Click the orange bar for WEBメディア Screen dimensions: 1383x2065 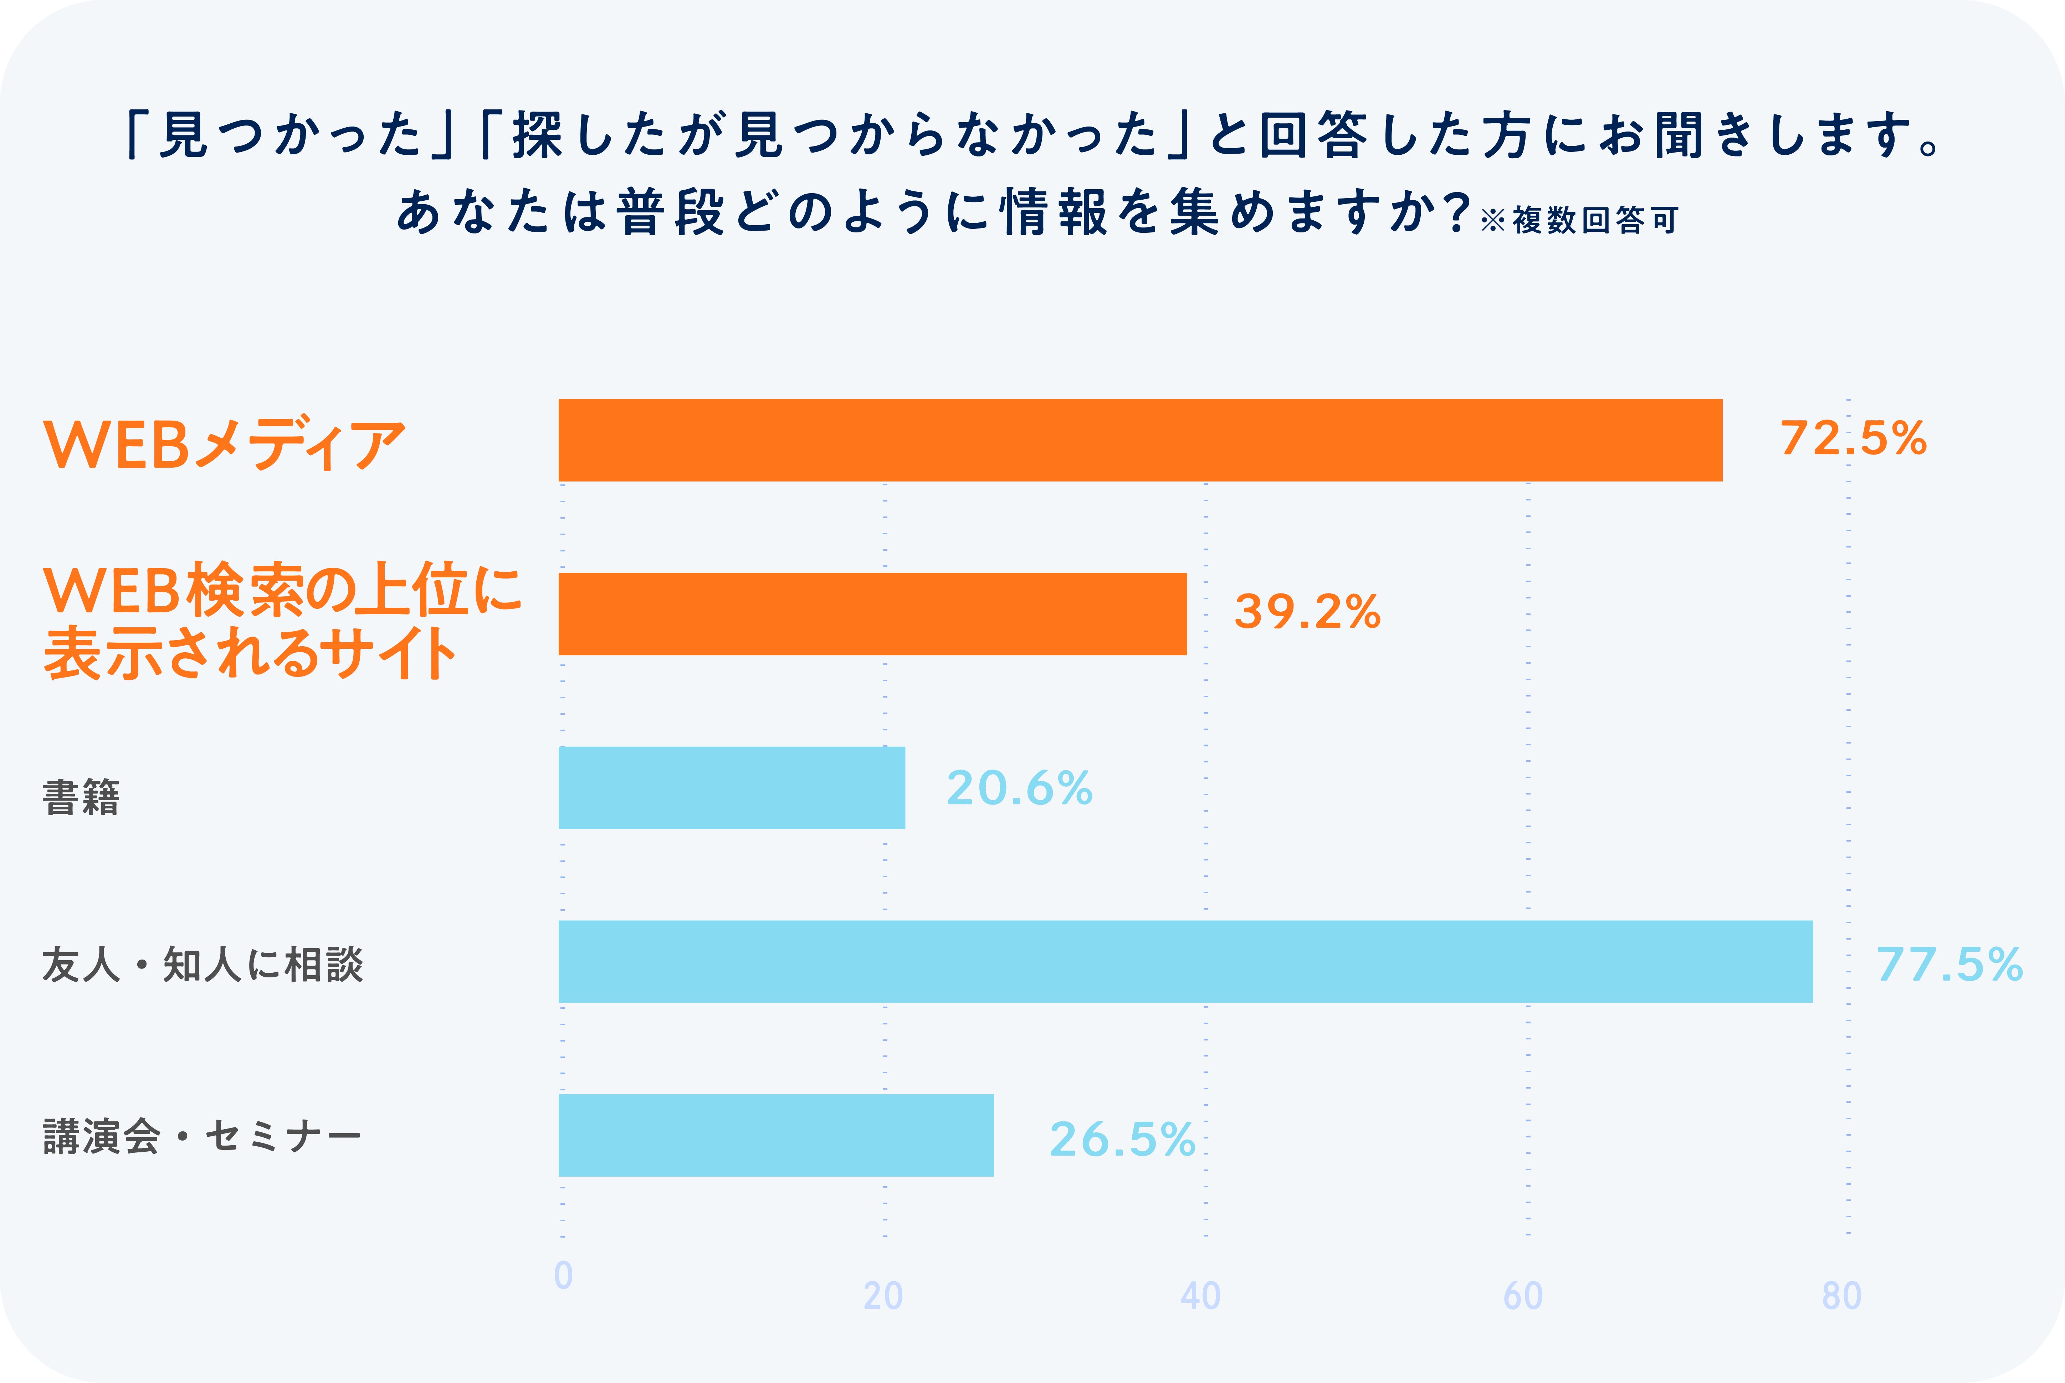point(1140,440)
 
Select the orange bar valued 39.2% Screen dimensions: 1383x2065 point(872,614)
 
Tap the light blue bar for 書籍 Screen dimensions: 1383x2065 point(731,788)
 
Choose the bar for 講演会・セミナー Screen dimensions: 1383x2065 point(775,1135)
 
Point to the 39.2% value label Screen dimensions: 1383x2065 point(1307,612)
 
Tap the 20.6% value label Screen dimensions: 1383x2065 point(1020,788)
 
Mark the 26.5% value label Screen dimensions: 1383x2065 point(1122,1139)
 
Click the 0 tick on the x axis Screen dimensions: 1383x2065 point(563,1275)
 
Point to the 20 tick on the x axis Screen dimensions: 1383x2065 point(883,1296)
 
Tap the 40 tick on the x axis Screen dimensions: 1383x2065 point(1200,1296)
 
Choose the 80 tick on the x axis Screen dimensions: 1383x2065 point(1842,1296)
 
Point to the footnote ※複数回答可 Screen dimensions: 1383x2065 point(1579,220)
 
